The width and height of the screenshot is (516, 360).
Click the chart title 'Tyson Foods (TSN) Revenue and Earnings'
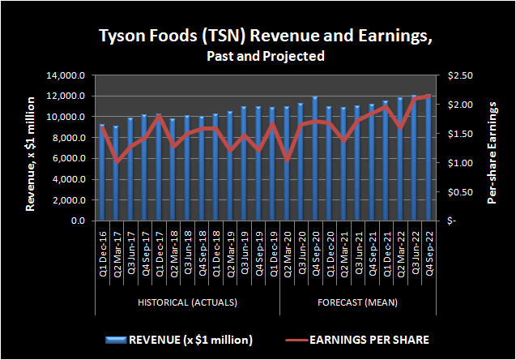[257, 36]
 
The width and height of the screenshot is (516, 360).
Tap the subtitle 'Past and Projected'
[257, 56]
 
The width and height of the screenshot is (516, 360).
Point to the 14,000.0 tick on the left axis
[68, 75]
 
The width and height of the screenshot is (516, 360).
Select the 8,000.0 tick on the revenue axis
[70, 138]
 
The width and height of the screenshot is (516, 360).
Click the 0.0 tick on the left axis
[79, 221]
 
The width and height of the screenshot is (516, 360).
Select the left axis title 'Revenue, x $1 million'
[30, 152]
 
